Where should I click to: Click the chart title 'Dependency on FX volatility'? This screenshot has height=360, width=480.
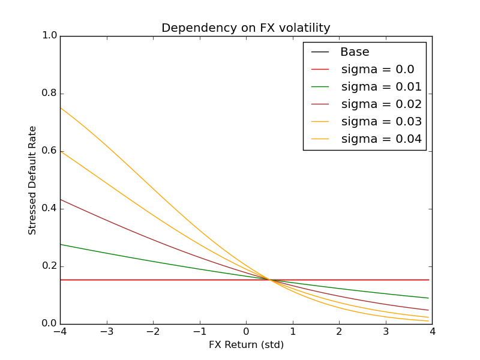point(246,28)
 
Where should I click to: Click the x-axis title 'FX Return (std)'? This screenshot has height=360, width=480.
point(246,345)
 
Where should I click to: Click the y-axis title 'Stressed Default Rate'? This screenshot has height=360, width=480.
point(32,180)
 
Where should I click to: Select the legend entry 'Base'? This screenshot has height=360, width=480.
point(355,52)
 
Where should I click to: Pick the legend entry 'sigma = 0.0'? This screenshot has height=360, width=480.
point(377,70)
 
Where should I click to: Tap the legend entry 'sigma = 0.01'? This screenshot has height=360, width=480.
point(381,87)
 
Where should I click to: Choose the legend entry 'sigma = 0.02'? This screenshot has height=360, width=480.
point(381,104)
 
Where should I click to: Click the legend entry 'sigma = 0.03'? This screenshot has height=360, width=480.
point(381,122)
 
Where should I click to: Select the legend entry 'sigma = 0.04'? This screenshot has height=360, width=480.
point(381,139)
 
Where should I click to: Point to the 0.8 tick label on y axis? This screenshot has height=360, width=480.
point(49,94)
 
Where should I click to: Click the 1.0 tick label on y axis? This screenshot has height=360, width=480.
point(49,36)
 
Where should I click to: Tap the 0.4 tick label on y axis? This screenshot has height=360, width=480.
point(49,209)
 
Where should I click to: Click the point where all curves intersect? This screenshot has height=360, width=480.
point(270,280)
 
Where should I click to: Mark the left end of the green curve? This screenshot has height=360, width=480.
point(61,244)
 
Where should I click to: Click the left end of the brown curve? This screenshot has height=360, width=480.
point(61,199)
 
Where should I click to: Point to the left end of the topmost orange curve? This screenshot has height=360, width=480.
point(61,107)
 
